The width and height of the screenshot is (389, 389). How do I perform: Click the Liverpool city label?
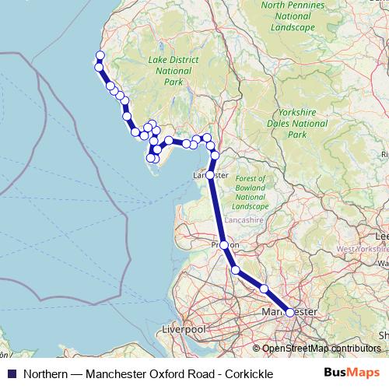[x=183, y=330]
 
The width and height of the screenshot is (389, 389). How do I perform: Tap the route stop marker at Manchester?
[x=290, y=312]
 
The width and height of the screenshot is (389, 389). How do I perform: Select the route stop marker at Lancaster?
[x=210, y=175]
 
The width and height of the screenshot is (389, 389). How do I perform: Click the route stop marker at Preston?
[x=224, y=245]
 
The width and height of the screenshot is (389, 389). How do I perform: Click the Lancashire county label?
[x=245, y=220]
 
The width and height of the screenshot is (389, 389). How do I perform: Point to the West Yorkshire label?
[x=363, y=249]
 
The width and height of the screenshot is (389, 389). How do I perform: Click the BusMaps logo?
[x=352, y=373]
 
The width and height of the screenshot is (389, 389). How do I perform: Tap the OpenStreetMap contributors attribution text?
[x=321, y=349]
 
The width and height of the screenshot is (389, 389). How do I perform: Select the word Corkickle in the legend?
[x=246, y=374]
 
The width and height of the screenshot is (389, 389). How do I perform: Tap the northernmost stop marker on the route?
[x=100, y=54]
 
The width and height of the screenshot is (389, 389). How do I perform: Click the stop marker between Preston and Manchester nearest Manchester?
[x=264, y=289]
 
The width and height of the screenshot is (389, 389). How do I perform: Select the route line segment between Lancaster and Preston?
[x=217, y=210]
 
